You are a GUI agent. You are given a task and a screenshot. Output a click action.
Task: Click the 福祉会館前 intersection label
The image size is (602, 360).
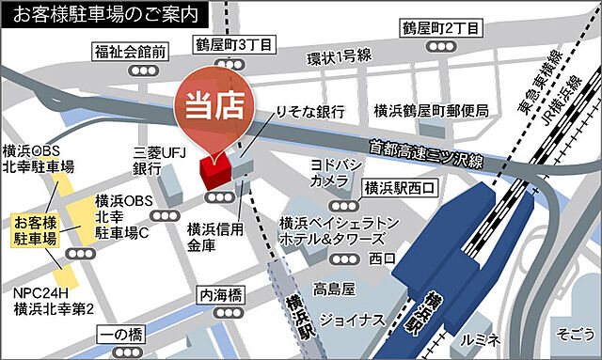tap(131, 50)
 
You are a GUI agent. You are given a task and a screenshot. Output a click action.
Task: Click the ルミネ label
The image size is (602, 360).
tap(477, 337)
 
